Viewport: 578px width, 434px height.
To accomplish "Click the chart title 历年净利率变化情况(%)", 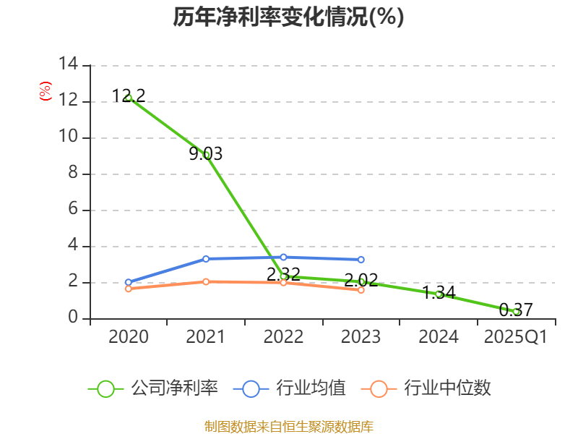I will click(x=288, y=17).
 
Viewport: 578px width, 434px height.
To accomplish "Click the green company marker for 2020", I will click(x=129, y=98).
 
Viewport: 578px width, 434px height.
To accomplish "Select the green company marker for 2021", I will click(x=207, y=155).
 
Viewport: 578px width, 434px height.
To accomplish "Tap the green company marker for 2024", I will click(x=439, y=294).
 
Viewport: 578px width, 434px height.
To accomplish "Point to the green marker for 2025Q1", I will click(x=516, y=312).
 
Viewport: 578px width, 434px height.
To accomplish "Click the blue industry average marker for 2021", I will click(x=206, y=258).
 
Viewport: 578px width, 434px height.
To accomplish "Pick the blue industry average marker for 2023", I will click(x=361, y=260).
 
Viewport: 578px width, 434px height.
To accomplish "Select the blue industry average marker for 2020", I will click(x=129, y=282).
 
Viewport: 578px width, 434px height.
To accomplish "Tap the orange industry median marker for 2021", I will click(x=206, y=281).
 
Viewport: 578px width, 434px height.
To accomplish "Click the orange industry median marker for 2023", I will click(x=361, y=289).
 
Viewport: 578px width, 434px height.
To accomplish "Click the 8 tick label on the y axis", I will click(x=73, y=174).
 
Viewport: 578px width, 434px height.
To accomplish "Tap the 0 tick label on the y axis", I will click(x=73, y=318).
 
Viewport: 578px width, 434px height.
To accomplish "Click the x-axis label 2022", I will click(x=283, y=337).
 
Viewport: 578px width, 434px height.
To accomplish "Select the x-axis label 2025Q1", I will click(x=516, y=337).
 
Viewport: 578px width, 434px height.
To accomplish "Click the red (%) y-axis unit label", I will click(x=46, y=91).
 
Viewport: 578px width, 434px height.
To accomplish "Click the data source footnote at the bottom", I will click(x=288, y=426).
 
